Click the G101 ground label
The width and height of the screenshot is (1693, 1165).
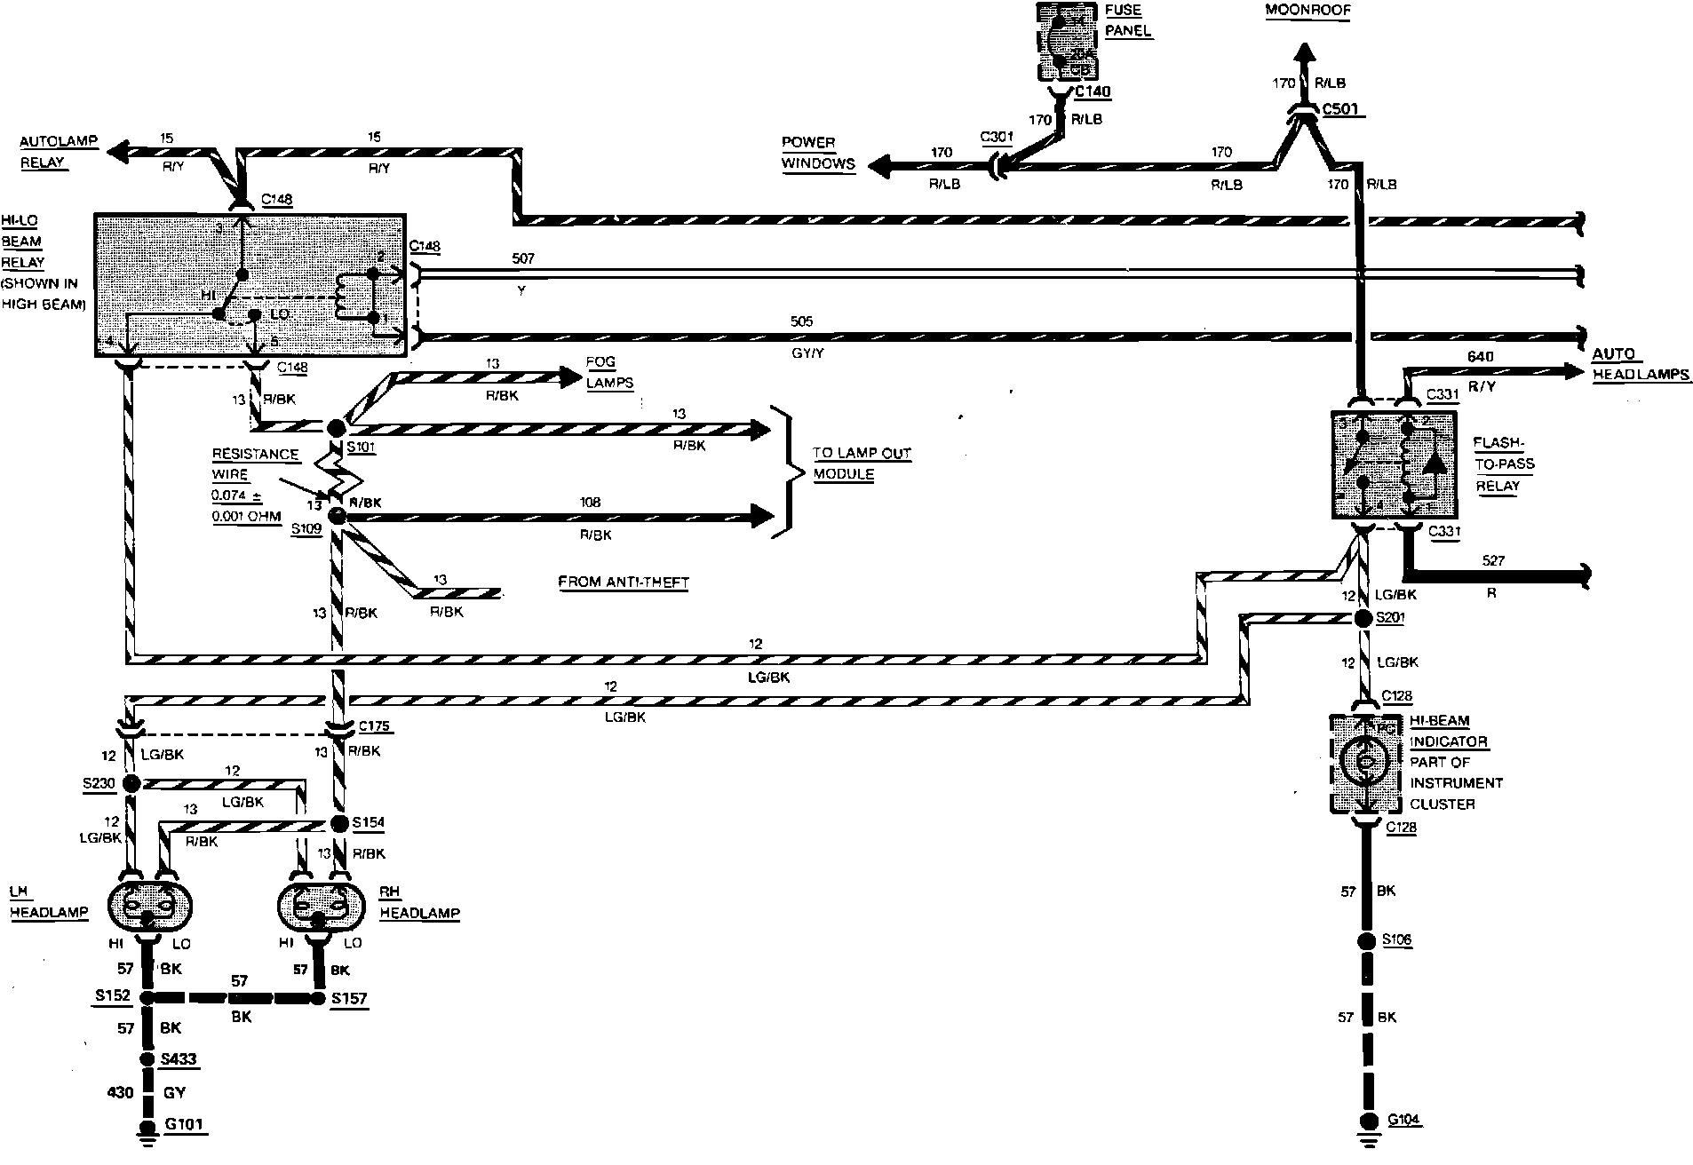click(184, 1124)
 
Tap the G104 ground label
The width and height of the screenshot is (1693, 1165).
click(1403, 1120)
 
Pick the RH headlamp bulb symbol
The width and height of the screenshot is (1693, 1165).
click(321, 906)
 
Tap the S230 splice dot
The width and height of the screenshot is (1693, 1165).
click(132, 783)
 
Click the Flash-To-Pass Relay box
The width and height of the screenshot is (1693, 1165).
click(1394, 465)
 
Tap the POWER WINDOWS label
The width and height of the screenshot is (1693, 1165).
click(817, 153)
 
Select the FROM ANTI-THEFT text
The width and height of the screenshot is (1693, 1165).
click(624, 582)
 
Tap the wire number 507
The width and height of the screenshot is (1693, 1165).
click(523, 258)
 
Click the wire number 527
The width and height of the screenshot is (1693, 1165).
click(1495, 560)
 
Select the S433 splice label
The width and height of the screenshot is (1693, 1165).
click(179, 1058)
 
